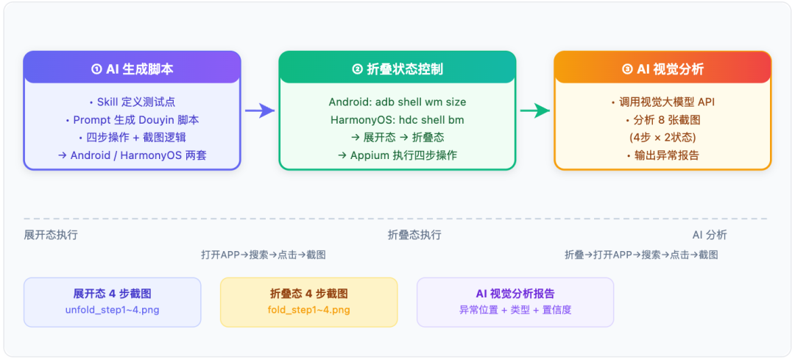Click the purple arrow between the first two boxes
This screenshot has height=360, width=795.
[260, 110]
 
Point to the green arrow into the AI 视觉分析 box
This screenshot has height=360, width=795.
[535, 110]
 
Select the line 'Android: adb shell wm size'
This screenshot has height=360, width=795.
[397, 102]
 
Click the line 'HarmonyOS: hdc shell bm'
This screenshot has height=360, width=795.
[397, 120]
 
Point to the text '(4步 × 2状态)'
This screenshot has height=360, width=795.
[662, 138]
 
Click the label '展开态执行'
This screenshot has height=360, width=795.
[51, 235]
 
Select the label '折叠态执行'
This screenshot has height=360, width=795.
[414, 235]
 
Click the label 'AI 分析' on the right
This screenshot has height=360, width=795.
[710, 235]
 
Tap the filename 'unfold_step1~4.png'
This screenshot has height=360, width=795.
[112, 310]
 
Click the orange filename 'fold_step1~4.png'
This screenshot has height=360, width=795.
[308, 310]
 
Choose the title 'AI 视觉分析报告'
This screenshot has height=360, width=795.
[515, 294]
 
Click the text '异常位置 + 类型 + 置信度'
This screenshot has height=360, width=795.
[515, 310]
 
